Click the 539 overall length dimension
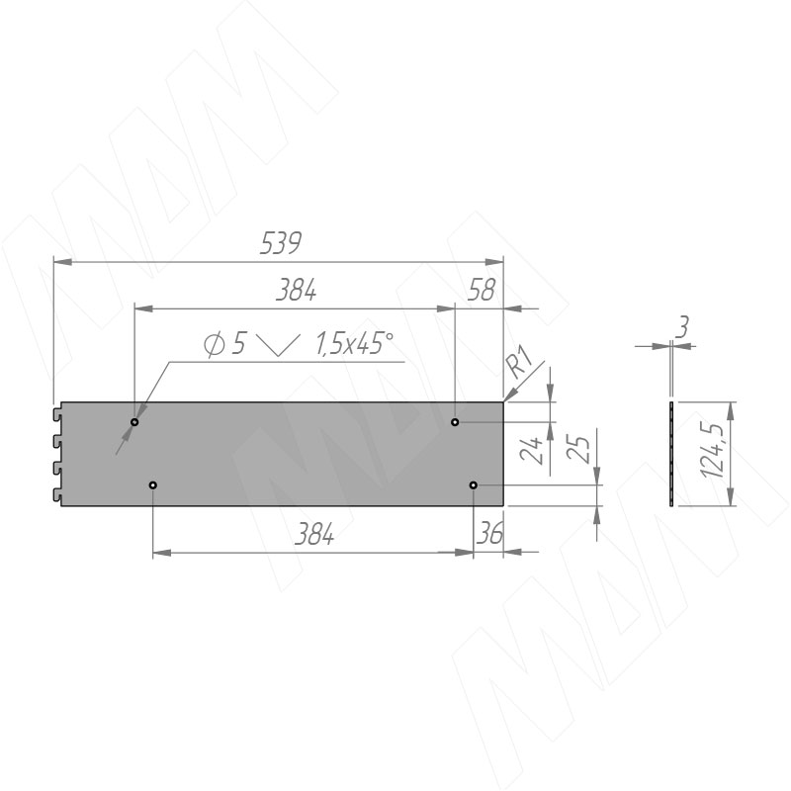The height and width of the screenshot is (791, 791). click(x=281, y=243)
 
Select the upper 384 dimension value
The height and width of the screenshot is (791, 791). click(x=296, y=290)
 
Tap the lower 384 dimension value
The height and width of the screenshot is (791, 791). click(x=313, y=534)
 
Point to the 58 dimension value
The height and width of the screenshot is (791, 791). click(x=482, y=290)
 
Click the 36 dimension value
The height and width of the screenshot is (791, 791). click(x=489, y=533)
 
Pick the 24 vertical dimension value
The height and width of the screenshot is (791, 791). click(x=531, y=451)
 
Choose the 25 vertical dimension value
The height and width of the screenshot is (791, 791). click(x=578, y=449)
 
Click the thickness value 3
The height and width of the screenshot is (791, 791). click(x=681, y=327)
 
